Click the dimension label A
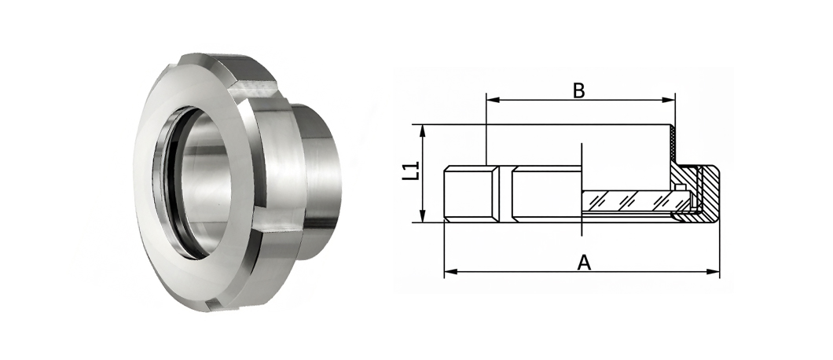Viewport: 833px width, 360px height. click(584, 263)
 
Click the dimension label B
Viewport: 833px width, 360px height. click(578, 91)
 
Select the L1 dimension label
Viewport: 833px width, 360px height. click(411, 171)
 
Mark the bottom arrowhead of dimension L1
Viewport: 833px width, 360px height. click(423, 215)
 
